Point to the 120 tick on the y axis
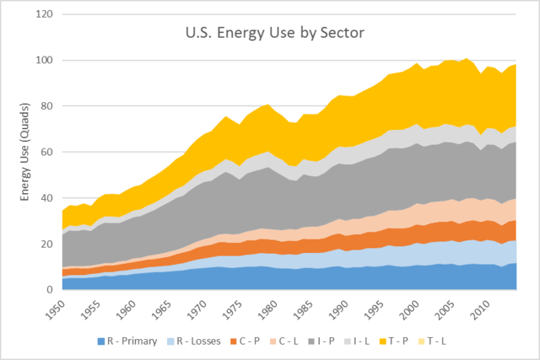coord(46,15)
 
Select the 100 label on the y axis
coord(46,61)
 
